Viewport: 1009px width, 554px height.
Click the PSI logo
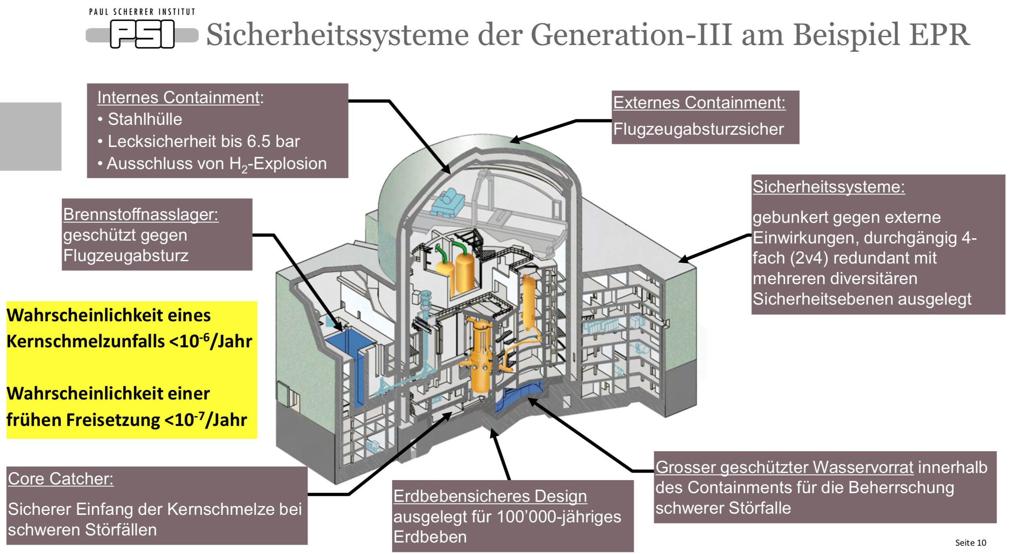pyautogui.click(x=142, y=34)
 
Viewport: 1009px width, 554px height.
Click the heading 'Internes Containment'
pyautogui.click(x=179, y=98)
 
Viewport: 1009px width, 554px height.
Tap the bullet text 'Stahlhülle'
pyautogui.click(x=145, y=119)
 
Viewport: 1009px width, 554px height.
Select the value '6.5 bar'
pyautogui.click(x=273, y=141)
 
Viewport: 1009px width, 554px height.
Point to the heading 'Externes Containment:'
pyautogui.click(x=699, y=103)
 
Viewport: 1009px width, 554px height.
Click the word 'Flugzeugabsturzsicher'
pyautogui.click(x=698, y=129)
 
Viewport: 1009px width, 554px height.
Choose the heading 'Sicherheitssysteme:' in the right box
pyautogui.click(x=828, y=187)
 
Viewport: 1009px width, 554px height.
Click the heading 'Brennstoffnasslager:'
pyautogui.click(x=141, y=215)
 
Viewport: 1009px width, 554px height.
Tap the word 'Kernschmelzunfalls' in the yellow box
pyautogui.click(x=85, y=341)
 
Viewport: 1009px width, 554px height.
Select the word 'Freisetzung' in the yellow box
pyautogui.click(x=113, y=420)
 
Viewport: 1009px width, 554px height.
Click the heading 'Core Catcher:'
pyautogui.click(x=60, y=479)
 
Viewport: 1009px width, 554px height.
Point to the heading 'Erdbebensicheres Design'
pyautogui.click(x=490, y=496)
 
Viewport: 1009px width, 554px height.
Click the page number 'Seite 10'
pyautogui.click(x=970, y=543)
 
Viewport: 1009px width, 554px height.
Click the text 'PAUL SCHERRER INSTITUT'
pyautogui.click(x=142, y=12)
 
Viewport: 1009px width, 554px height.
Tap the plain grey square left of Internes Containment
pyautogui.click(x=30, y=136)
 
